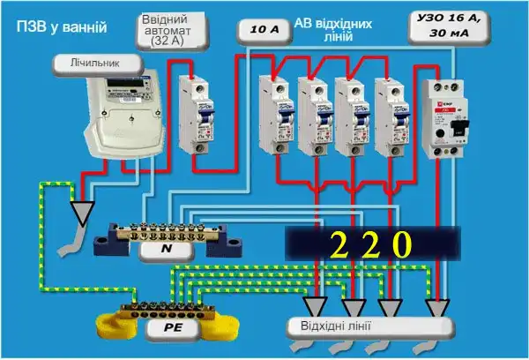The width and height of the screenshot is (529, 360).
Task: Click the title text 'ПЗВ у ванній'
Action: (x=61, y=27)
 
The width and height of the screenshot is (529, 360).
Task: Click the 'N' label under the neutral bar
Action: (x=168, y=251)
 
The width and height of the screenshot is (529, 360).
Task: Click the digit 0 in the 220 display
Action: (x=401, y=244)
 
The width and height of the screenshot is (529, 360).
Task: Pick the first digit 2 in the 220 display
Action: (x=338, y=244)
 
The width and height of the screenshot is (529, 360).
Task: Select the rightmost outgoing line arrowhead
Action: (x=436, y=308)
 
